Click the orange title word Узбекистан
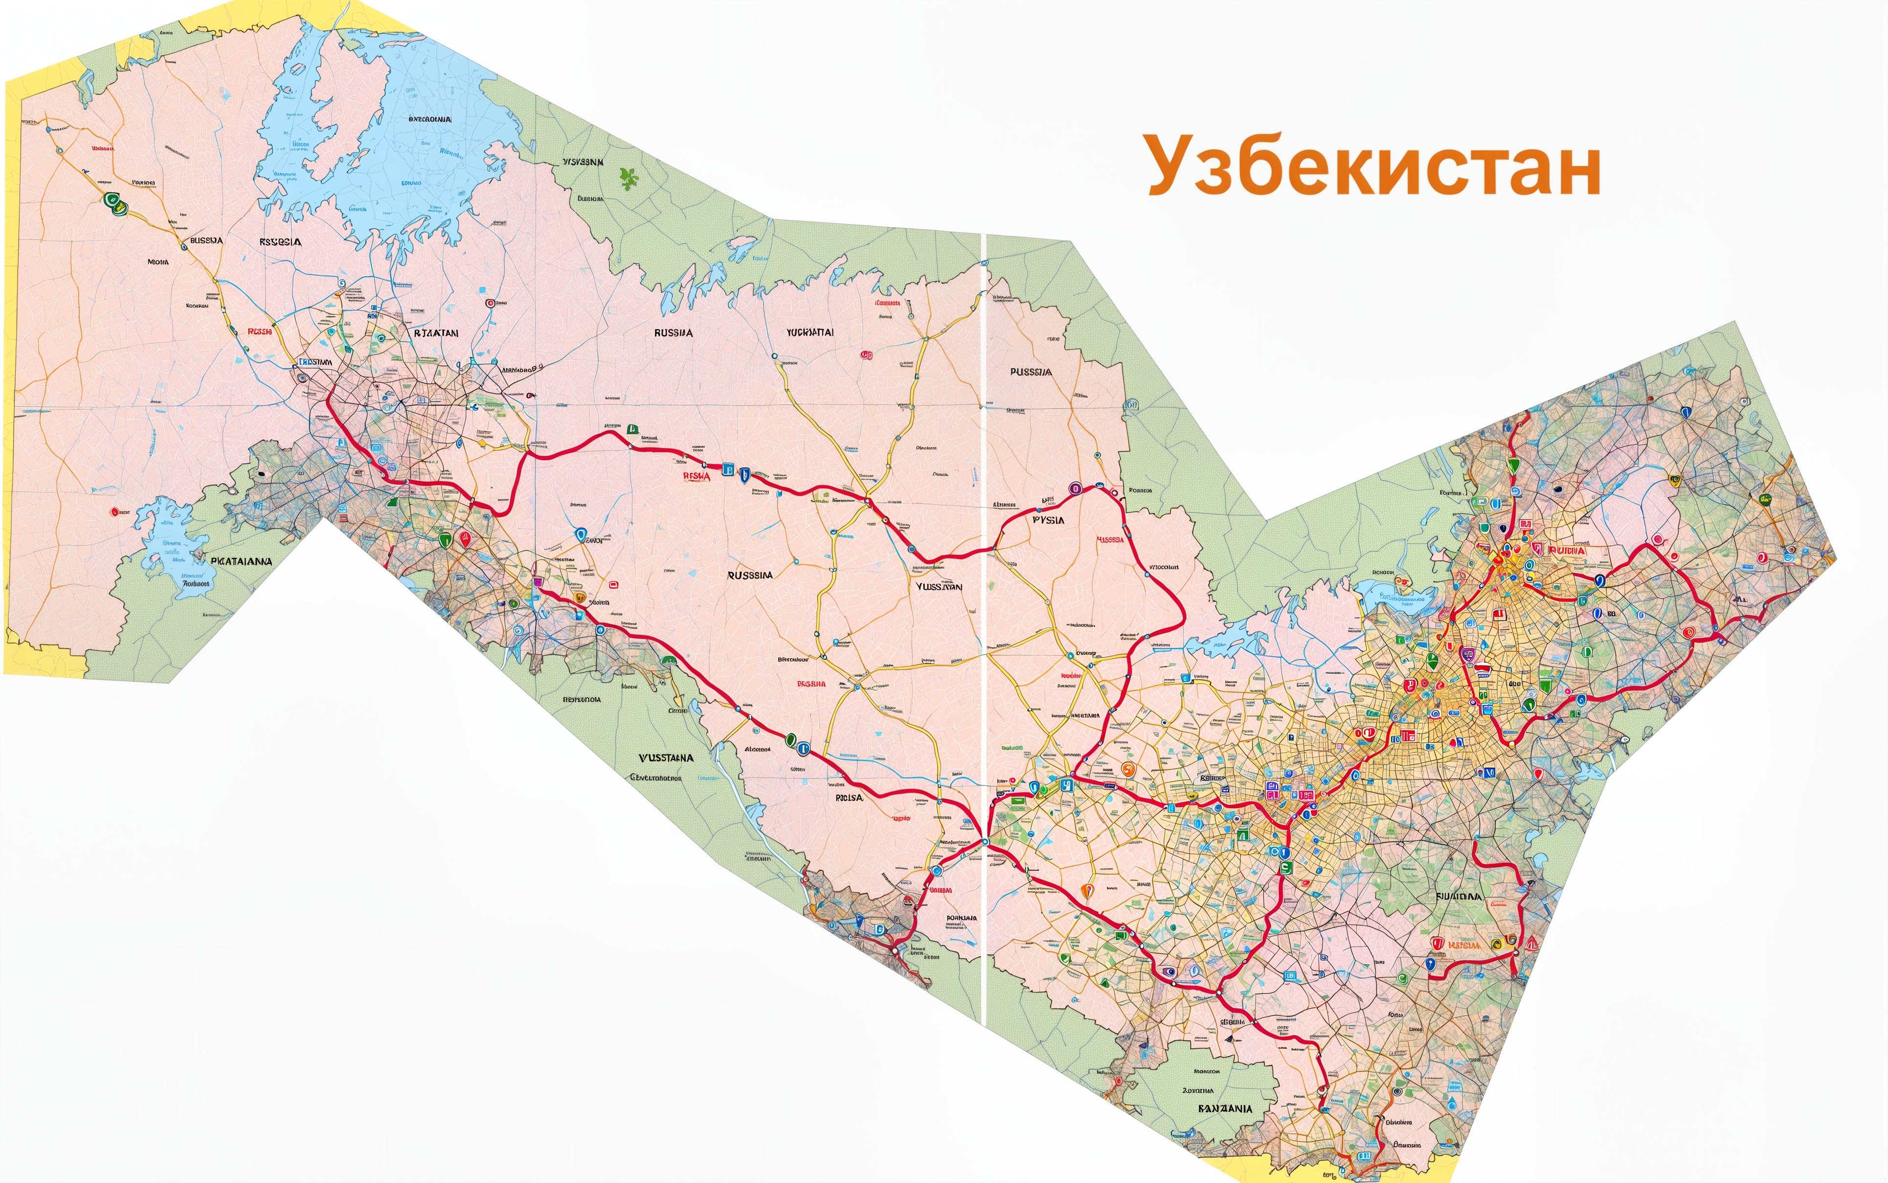1373,166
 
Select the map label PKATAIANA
240,561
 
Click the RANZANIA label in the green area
1225,1109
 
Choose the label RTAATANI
435,332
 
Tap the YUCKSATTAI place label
810,332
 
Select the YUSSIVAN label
939,586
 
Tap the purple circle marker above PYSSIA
1074,489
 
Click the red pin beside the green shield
465,538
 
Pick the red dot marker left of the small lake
115,512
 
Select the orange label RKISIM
1464,945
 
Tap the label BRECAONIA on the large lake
429,119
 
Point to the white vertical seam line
983,626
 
